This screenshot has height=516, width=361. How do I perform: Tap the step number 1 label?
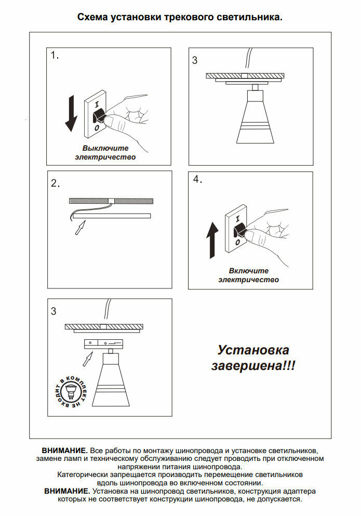55,56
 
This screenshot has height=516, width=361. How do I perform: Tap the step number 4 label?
197,179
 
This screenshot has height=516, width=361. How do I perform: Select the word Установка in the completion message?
253,350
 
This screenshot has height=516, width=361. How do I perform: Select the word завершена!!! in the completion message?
253,366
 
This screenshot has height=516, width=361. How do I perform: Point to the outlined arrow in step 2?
80,227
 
